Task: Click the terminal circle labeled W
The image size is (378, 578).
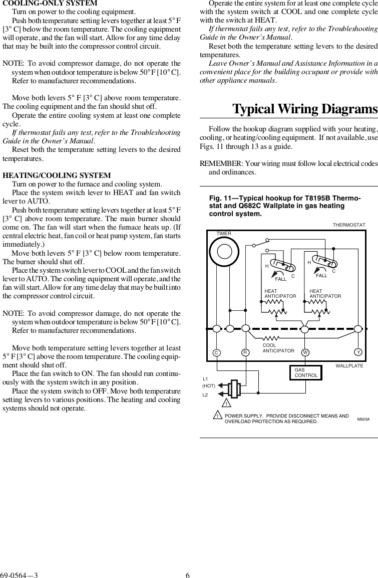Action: pyautogui.click(x=304, y=352)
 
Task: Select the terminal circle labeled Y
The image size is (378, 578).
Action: pyautogui.click(x=358, y=352)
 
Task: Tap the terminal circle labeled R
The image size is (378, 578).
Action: pyautogui.click(x=245, y=352)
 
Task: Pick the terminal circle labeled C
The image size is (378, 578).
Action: pyautogui.click(x=216, y=352)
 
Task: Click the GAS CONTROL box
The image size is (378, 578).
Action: pyautogui.click(x=303, y=372)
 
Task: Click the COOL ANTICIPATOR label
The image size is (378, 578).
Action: pyautogui.click(x=278, y=348)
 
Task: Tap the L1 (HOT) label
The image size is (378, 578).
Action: pyautogui.click(x=208, y=382)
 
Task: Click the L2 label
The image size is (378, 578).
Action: pyautogui.click(x=205, y=395)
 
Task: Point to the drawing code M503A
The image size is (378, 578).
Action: pyautogui.click(x=363, y=419)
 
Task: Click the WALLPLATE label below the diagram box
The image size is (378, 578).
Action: pyautogui.click(x=349, y=366)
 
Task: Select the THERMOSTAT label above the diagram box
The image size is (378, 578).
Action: pyautogui.click(x=349, y=225)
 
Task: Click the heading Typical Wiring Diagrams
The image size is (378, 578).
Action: pyautogui.click(x=305, y=109)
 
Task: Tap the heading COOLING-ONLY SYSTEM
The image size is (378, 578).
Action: pyautogui.click(x=50, y=4)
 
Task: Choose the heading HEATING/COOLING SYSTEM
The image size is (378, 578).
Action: pyautogui.click(x=57, y=175)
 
